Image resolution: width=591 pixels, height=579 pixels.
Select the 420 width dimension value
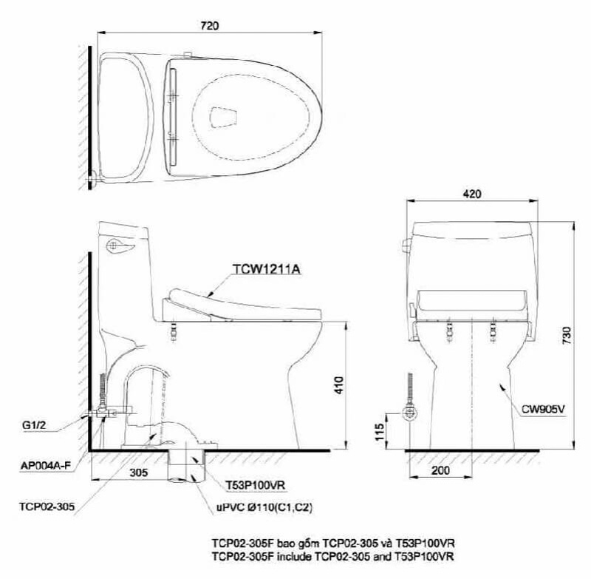(x=473, y=194)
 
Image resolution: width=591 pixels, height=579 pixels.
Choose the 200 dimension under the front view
(x=442, y=469)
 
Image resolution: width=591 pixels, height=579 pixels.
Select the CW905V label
(x=544, y=406)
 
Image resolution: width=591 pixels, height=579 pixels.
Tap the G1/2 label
(x=35, y=425)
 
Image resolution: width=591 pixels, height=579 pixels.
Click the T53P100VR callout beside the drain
(x=256, y=485)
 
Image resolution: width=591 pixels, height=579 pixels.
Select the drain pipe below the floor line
(x=185, y=465)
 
